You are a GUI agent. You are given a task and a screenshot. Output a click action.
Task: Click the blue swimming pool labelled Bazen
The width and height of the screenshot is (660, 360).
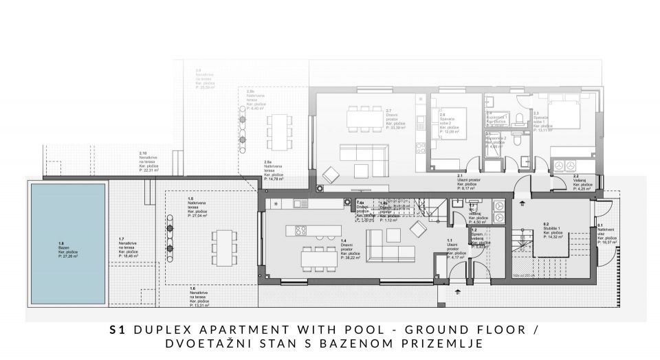[67, 244]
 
